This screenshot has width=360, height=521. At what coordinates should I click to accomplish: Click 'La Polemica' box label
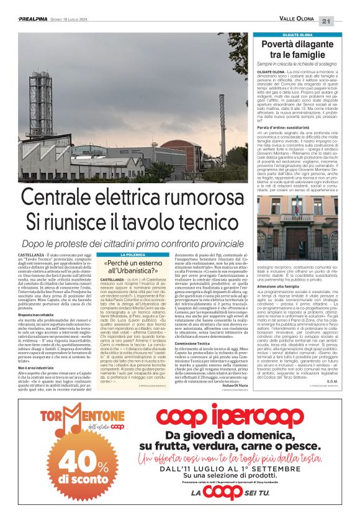[x=133, y=255]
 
